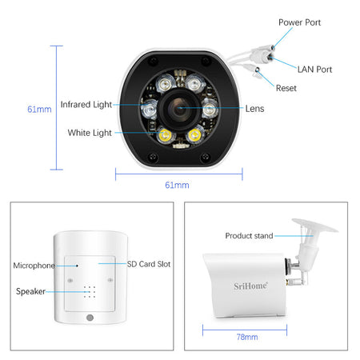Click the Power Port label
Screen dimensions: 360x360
(299, 22)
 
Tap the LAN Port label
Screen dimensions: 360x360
(314, 70)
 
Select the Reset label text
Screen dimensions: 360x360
(286, 88)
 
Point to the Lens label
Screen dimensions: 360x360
(254, 109)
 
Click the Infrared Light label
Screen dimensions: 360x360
(86, 105)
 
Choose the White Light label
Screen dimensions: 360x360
(90, 133)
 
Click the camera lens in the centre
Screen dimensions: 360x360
(179, 109)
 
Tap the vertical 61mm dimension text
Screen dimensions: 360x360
(39, 109)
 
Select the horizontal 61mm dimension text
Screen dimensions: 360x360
(177, 185)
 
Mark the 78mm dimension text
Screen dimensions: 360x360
(247, 337)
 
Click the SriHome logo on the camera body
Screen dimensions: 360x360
(250, 286)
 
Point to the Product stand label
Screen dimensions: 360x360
(249, 236)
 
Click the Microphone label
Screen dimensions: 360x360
(34, 266)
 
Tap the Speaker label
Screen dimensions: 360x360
(30, 291)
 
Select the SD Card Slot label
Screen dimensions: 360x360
(149, 264)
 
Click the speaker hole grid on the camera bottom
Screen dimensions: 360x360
(90, 292)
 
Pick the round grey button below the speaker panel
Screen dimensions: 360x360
(90, 318)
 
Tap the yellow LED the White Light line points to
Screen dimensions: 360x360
(165, 134)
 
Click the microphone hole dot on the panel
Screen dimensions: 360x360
(77, 266)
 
